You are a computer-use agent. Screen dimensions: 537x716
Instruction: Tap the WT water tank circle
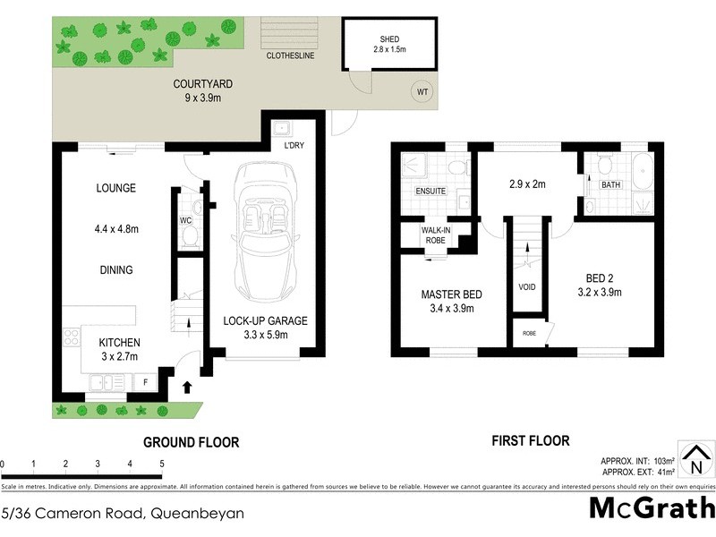pyautogui.click(x=422, y=90)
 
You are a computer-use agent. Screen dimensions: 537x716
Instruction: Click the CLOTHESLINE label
pyautogui.click(x=292, y=55)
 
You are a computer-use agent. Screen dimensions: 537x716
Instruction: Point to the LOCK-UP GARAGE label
pyautogui.click(x=265, y=321)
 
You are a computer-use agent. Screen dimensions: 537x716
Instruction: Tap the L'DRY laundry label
pyautogui.click(x=294, y=145)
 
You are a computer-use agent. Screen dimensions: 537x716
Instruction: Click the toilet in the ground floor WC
pyautogui.click(x=189, y=235)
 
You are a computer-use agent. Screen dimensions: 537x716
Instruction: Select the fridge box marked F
pyautogui.click(x=145, y=382)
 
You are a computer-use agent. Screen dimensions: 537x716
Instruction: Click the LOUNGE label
pyautogui.click(x=116, y=188)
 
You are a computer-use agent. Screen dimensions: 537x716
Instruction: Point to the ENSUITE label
pyautogui.click(x=430, y=192)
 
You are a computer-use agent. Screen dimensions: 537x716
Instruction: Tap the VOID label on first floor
pyautogui.click(x=526, y=288)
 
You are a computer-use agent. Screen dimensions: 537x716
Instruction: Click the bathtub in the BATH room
pyautogui.click(x=643, y=175)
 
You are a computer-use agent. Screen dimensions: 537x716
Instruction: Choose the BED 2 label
pyautogui.click(x=601, y=278)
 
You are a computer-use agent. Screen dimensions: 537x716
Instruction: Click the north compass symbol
pyautogui.click(x=695, y=460)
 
